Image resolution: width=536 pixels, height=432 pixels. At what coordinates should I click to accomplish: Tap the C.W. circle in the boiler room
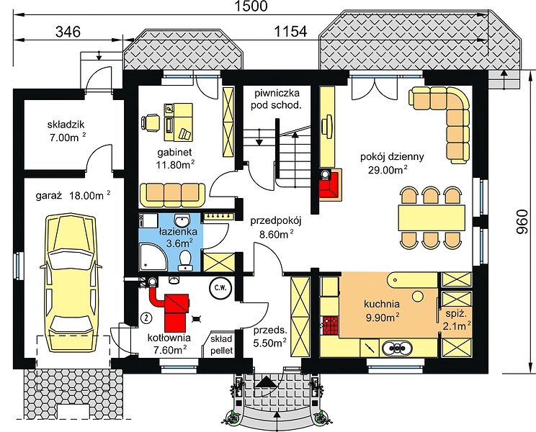point(220,288)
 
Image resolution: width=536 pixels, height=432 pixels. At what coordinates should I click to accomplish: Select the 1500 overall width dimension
point(251,6)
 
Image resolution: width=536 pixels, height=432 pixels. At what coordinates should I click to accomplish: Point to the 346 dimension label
point(68,32)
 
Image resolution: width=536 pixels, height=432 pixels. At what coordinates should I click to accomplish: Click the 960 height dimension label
point(522,222)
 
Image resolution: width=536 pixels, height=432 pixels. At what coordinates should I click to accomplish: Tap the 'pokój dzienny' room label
point(392,157)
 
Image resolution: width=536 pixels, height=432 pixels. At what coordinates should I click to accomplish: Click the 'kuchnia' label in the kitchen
point(382,304)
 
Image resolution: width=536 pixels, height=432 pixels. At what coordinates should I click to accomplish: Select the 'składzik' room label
point(66,125)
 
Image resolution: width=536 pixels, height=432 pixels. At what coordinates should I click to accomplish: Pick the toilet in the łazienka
point(185,261)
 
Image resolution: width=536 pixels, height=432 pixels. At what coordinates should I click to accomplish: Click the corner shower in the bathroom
point(153,257)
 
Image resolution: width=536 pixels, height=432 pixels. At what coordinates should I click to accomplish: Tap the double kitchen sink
point(397,348)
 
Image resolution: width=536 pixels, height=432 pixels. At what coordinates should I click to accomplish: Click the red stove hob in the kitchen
point(330,325)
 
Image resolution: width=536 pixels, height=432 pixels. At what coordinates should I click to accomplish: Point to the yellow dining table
point(432,217)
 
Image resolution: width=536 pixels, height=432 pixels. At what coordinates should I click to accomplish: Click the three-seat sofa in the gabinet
point(173,195)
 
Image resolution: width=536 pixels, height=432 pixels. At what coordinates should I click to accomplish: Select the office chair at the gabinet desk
point(150,122)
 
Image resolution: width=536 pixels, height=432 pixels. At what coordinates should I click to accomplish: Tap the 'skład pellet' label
point(221,344)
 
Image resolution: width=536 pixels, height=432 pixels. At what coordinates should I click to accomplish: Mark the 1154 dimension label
point(291,32)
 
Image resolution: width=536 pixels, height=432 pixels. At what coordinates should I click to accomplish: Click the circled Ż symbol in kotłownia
point(146,318)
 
